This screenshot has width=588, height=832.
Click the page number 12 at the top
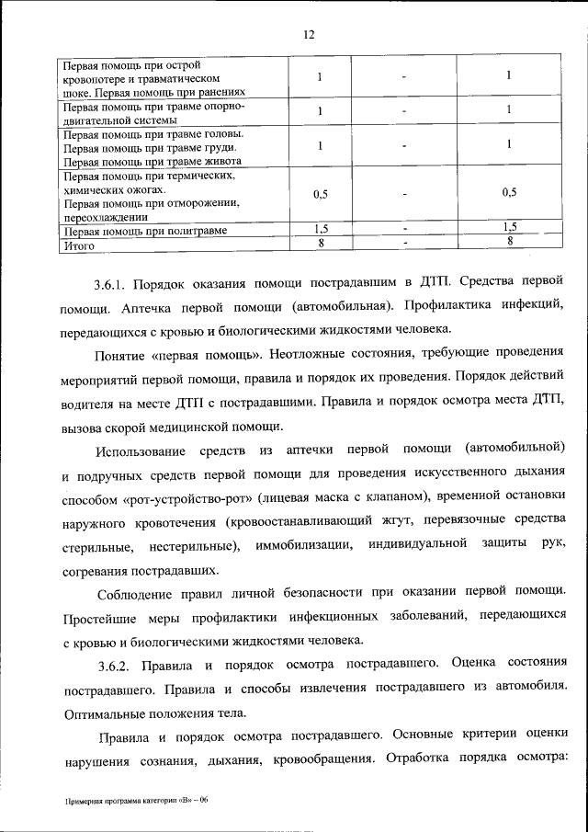(x=309, y=35)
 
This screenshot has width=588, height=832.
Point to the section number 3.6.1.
(x=115, y=281)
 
